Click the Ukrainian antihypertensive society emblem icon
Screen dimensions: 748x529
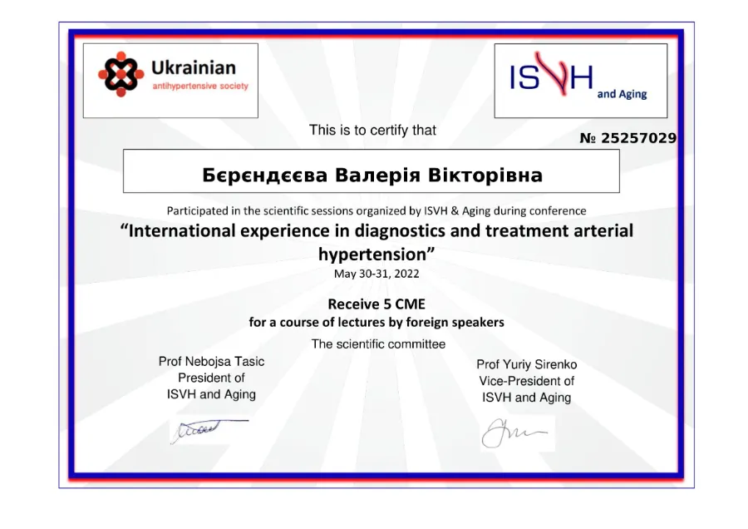click(x=121, y=74)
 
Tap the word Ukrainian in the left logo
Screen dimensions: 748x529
click(x=194, y=68)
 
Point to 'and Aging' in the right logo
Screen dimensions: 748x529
click(x=622, y=94)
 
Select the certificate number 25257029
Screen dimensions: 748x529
click(x=638, y=138)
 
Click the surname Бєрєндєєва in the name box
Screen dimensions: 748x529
click(x=265, y=176)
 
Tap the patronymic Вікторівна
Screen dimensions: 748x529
click(x=485, y=175)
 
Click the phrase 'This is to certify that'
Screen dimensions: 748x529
click(x=372, y=130)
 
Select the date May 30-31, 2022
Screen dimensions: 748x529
click(x=376, y=274)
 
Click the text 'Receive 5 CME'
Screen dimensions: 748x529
click(x=376, y=304)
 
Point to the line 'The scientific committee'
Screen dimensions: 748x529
click(x=378, y=344)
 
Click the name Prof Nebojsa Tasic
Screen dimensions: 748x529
click(x=211, y=362)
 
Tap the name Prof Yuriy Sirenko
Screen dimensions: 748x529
click(x=527, y=365)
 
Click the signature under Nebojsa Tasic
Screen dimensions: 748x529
click(x=209, y=431)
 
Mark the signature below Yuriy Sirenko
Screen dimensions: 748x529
click(x=514, y=433)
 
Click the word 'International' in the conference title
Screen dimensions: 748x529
click(x=182, y=230)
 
